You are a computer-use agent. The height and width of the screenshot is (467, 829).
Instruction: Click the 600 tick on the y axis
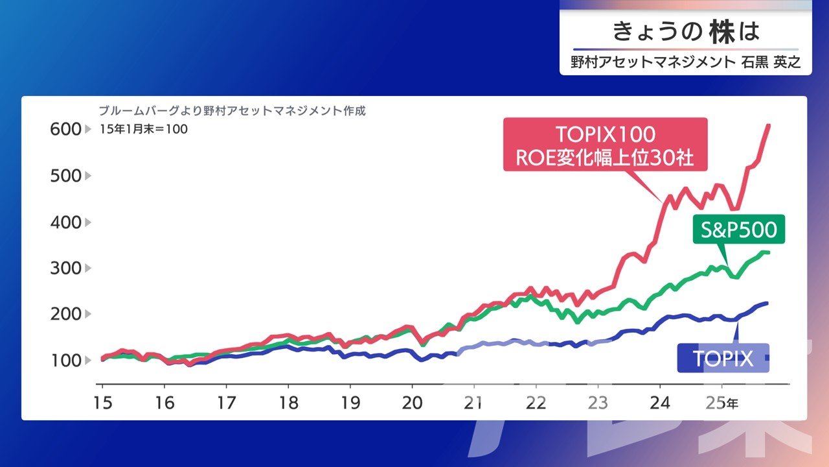[65, 130]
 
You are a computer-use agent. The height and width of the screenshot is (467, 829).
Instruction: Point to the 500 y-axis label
[65, 176]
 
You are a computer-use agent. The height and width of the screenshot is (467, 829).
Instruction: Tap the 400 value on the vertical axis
[65, 222]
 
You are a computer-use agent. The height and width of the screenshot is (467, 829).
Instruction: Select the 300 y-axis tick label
[65, 268]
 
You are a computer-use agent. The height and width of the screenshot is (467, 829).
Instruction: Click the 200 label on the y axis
[65, 314]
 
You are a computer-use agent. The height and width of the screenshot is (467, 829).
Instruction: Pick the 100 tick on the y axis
[65, 360]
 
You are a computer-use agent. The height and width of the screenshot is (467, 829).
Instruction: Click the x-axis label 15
[102, 402]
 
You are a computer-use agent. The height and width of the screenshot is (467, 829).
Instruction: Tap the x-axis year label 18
[288, 402]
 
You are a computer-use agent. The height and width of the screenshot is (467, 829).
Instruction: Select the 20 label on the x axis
[412, 402]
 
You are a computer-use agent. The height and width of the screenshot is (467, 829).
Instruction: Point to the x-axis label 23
[598, 402]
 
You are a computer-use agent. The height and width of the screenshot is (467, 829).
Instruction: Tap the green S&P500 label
[738, 230]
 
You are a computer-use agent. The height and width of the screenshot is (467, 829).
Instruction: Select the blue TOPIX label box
[723, 358]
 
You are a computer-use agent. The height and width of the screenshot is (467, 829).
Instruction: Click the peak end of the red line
[769, 125]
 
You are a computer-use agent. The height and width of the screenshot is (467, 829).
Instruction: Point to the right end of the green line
[768, 252]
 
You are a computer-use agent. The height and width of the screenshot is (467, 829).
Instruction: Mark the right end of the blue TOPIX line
[767, 303]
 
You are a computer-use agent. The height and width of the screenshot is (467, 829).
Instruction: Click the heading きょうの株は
[685, 31]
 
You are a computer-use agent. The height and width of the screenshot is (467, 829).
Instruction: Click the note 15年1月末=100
[144, 129]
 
